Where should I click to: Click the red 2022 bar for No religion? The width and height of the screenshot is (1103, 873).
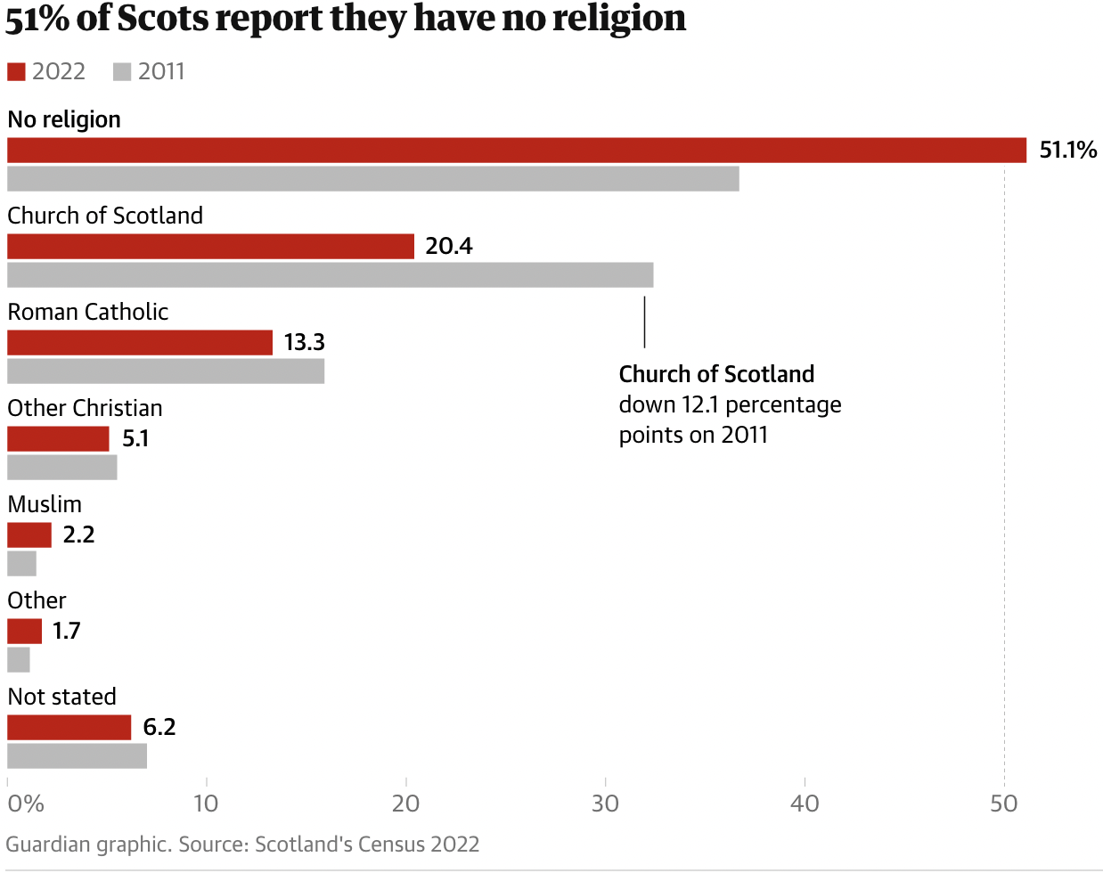(517, 151)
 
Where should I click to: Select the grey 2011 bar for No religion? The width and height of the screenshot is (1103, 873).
(373, 178)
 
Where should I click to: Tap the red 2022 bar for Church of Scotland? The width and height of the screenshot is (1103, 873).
(211, 247)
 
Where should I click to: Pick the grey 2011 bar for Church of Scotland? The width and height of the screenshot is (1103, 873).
(331, 274)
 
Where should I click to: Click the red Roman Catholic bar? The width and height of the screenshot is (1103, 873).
(140, 343)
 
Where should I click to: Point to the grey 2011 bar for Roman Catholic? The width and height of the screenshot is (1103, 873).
(166, 371)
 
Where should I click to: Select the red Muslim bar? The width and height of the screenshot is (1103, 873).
(29, 535)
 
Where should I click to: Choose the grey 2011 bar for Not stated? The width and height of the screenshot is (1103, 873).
(78, 755)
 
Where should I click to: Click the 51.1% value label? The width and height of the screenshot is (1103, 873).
(1067, 151)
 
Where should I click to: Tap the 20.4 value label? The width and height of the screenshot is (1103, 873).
(448, 247)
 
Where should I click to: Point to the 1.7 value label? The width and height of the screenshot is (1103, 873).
(66, 632)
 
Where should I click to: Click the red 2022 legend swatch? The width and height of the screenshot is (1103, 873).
(16, 72)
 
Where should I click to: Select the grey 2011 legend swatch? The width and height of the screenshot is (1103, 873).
(122, 72)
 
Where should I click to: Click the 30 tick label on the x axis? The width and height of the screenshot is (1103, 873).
(605, 804)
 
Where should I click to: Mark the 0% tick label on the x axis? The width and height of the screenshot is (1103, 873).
(25, 804)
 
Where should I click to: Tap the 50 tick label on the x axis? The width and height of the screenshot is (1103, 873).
(1003, 804)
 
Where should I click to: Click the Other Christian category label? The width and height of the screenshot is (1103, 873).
(86, 408)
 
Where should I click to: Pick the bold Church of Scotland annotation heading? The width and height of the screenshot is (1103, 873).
(716, 374)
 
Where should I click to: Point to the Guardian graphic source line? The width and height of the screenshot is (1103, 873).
(242, 844)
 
